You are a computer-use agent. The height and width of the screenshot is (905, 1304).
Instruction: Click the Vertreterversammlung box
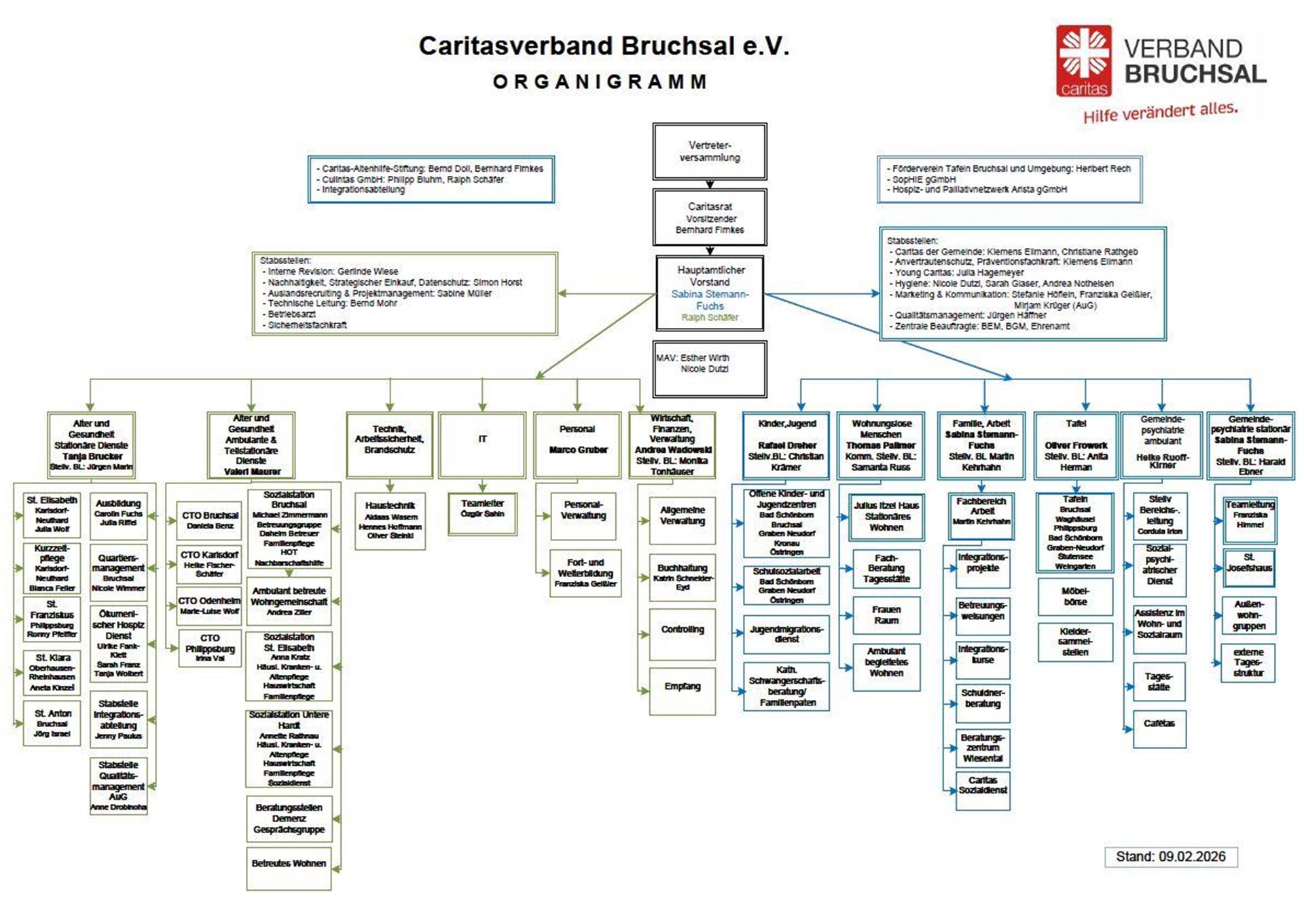[710, 151]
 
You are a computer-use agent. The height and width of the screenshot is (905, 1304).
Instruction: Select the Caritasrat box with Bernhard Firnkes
[710, 217]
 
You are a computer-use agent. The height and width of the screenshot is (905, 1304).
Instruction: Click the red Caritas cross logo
[1083, 58]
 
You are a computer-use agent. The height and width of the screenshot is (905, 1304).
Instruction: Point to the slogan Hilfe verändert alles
[1160, 112]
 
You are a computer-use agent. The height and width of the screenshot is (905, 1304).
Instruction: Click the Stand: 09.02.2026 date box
[1170, 856]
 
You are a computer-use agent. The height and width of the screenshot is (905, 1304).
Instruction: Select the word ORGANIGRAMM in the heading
[600, 82]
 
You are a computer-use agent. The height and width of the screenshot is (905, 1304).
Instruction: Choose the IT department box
[482, 444]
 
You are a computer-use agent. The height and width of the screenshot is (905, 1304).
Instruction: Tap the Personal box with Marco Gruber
[577, 444]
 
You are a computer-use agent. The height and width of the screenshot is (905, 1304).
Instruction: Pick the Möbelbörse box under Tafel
[1075, 596]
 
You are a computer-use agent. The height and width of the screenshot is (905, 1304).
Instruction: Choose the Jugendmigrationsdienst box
[786, 634]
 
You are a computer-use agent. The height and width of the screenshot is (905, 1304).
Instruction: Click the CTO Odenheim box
[209, 606]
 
